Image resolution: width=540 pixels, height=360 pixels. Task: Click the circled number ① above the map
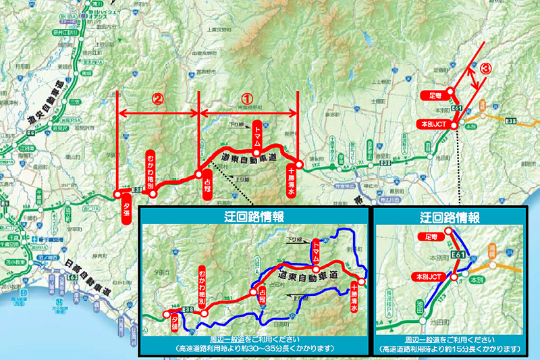tap(247, 97)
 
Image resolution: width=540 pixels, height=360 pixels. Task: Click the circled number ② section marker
tap(157, 97)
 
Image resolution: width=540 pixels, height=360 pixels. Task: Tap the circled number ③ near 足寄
tap(485, 68)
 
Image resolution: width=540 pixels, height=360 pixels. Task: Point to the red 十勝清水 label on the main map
tap(291, 180)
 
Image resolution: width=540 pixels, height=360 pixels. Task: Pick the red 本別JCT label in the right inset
tap(428, 277)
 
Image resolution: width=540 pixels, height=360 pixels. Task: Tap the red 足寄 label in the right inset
tap(428, 237)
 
